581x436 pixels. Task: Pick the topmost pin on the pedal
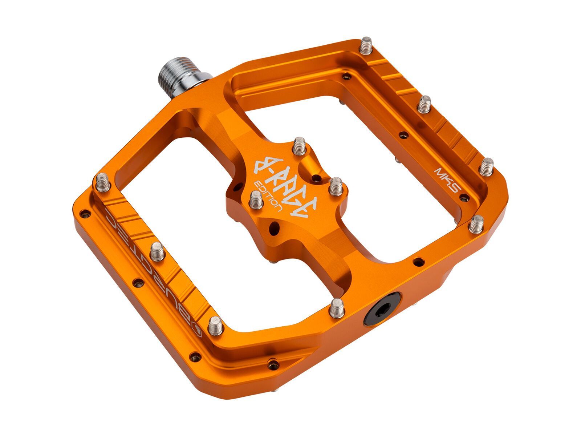(366, 45)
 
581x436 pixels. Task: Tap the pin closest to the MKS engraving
(486, 166)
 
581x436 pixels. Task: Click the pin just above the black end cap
(337, 308)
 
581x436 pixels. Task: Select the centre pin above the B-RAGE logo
(299, 145)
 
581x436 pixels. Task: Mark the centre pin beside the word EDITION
(256, 200)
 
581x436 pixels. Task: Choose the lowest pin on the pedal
(215, 325)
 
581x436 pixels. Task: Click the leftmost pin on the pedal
(103, 182)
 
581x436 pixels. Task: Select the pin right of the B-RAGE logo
(336, 186)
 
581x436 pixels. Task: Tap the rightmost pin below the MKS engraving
(476, 224)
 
